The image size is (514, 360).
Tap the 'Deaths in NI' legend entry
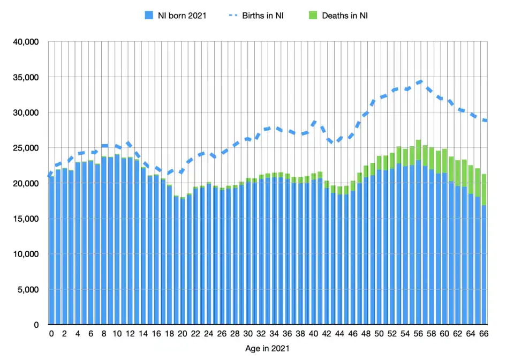(x=344, y=15)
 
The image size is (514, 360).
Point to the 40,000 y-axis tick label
(x=25, y=42)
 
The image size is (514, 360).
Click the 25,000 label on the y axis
(x=25, y=148)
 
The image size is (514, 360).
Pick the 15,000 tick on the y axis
(x=25, y=219)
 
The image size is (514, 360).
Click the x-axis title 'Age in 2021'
(x=267, y=349)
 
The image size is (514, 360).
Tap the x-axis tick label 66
(x=483, y=334)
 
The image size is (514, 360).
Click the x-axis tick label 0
(x=51, y=334)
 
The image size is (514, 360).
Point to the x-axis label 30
(x=248, y=334)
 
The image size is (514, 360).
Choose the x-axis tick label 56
(x=418, y=334)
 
